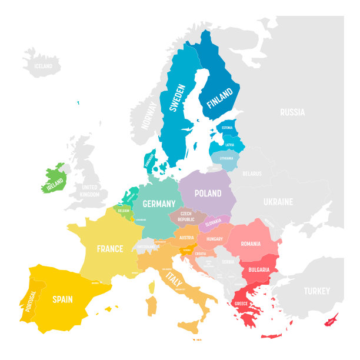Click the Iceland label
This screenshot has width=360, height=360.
(x=44, y=66)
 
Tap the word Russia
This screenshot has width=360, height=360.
(x=292, y=112)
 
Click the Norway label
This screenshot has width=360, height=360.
(x=149, y=115)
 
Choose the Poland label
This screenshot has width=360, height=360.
(x=208, y=193)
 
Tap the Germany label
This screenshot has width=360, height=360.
(x=159, y=204)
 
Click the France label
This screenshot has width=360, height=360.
(x=110, y=249)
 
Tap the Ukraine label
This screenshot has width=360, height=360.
(x=278, y=202)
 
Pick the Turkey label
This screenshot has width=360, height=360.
(x=316, y=291)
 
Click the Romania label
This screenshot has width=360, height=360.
(x=250, y=244)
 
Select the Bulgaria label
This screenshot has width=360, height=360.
(x=259, y=269)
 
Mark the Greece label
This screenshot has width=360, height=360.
(x=241, y=304)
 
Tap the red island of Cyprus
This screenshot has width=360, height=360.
(x=332, y=321)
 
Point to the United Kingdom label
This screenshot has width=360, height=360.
(x=89, y=191)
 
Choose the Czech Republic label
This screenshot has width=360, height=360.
(x=186, y=216)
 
